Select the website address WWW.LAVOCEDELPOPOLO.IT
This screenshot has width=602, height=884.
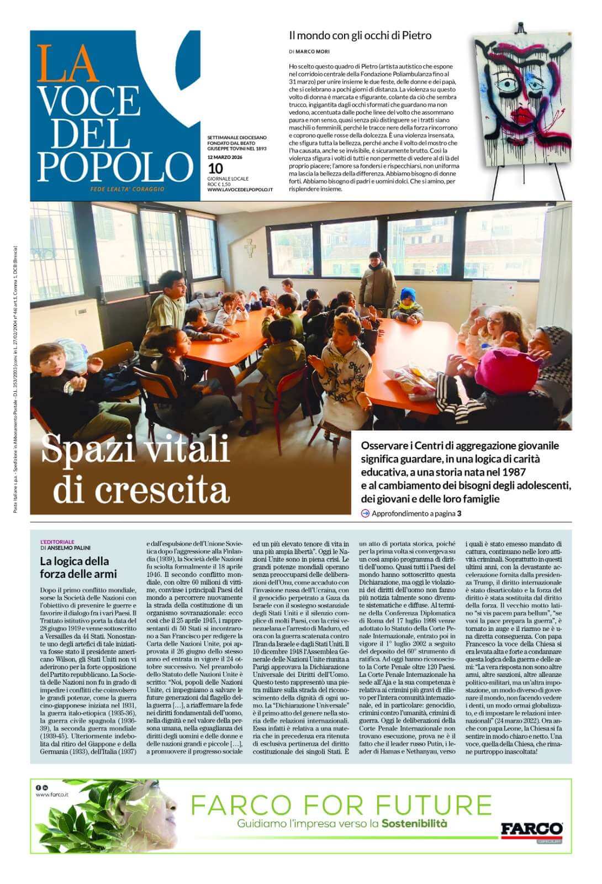[x=240, y=190]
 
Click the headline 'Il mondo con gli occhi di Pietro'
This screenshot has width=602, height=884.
[x=360, y=36]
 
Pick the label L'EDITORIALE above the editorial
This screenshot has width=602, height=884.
[x=57, y=541]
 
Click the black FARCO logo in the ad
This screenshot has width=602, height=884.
[x=531, y=829]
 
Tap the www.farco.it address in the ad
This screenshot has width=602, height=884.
[x=52, y=795]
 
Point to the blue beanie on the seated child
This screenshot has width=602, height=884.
[x=408, y=293]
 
